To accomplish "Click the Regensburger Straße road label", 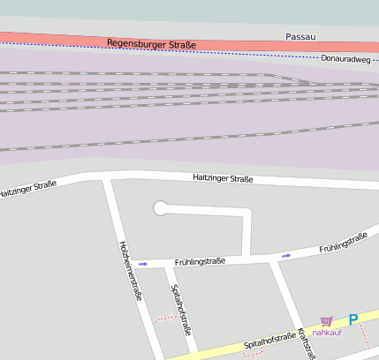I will click(151, 43).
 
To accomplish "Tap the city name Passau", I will click(300, 37).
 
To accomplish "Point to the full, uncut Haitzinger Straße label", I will click(223, 179).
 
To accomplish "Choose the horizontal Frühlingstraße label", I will click(200, 261).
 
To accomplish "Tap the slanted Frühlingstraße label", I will click(343, 242).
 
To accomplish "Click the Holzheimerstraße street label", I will click(130, 271).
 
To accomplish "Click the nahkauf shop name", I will click(327, 333).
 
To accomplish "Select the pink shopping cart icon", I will click(327, 321).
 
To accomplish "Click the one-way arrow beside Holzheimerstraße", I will click(142, 263).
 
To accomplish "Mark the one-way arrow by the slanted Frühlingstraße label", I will click(285, 256).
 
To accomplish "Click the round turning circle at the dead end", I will click(161, 208).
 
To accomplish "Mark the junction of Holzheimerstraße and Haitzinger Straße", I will click(106, 180).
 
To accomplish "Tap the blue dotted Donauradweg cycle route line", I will click(221, 52).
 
